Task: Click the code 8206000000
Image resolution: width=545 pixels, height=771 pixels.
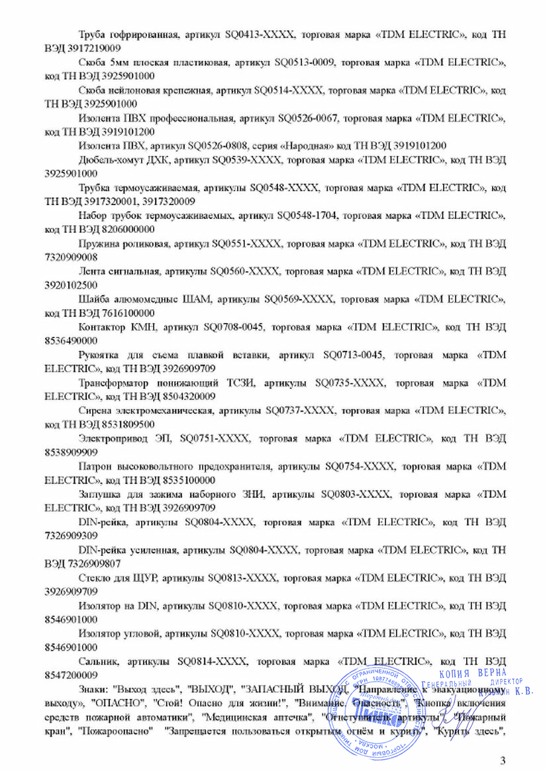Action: (x=126, y=229)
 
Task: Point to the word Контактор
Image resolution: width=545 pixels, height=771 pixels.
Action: (x=101, y=327)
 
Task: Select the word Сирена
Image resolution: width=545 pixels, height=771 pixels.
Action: (x=93, y=410)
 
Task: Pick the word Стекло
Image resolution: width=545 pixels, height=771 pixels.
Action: (x=94, y=577)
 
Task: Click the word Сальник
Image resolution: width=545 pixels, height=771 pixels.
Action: (x=99, y=660)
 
